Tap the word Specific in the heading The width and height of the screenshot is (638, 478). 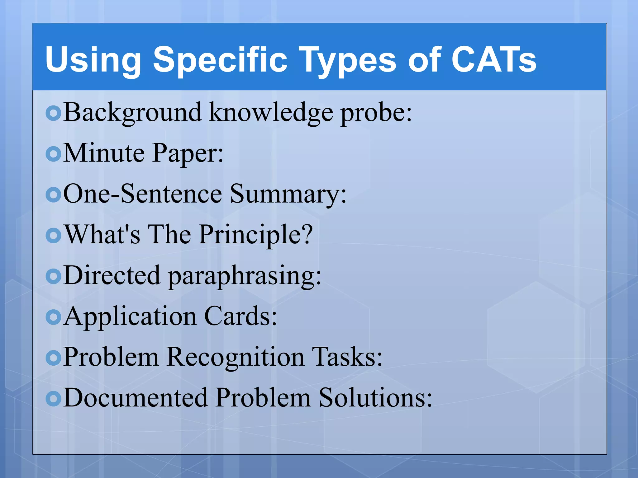220,59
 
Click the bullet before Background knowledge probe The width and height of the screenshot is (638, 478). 54,113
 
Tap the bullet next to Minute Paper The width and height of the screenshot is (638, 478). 54,154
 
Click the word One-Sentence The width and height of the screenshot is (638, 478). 143,194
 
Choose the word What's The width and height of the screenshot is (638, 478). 102,234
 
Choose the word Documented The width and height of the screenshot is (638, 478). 136,398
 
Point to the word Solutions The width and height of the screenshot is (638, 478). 375,398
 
